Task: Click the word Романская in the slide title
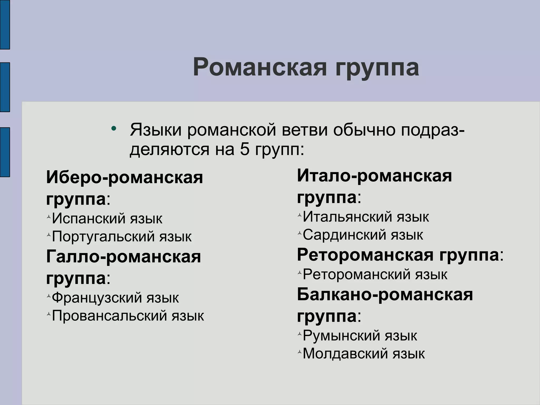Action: pos(260,67)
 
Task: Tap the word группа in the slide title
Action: pos(377,68)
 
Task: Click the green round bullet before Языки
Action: pos(114,129)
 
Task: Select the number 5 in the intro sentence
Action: pos(245,149)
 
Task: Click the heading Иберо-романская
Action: pos(124,177)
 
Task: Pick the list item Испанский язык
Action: pos(107,218)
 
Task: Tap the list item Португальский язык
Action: pos(122,236)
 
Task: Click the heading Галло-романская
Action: pos(123,257)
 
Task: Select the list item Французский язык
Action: pos(115,298)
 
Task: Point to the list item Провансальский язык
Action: pos(128,315)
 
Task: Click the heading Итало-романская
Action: pos(374,176)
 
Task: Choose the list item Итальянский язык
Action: pos(366,217)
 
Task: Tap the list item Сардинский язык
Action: pos(363,235)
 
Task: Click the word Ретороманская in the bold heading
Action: pos(365,255)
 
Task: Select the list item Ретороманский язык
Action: pos(375,274)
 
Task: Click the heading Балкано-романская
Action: pos(385,295)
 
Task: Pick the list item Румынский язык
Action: pos(360,336)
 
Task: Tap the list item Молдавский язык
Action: pos(364,354)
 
